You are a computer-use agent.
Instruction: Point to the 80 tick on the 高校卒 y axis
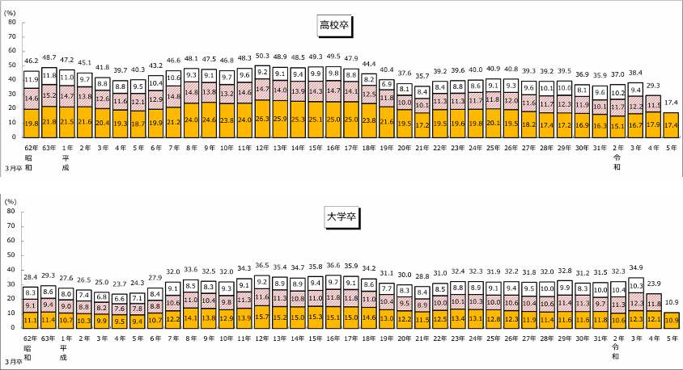(11, 23)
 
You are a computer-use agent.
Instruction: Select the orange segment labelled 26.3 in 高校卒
(262, 118)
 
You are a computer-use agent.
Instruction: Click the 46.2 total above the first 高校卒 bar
(32, 61)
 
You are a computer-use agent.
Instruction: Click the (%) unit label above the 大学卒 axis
(11, 200)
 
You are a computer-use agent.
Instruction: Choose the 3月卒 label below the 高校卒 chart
(11, 167)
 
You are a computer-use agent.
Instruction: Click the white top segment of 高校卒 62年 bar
(32, 79)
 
